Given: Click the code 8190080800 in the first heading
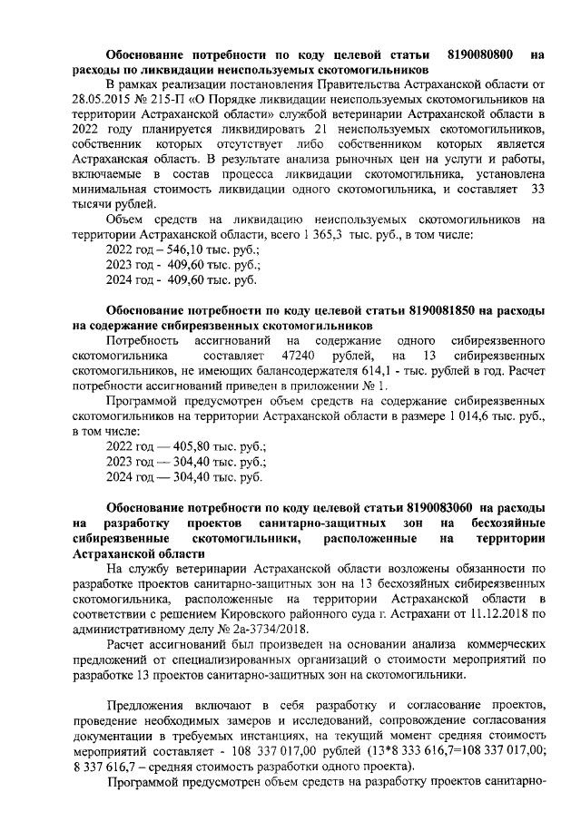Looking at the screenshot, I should (483, 54).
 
